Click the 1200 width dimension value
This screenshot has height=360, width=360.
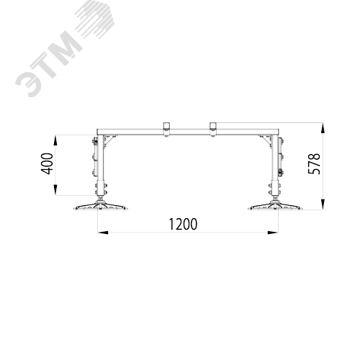coord(183,224)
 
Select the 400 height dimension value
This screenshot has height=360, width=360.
coord(47,163)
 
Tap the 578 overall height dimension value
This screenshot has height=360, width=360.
coord(314,163)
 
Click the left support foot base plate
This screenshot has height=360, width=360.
coord(100,207)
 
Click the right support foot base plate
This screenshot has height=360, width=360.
coord(275,207)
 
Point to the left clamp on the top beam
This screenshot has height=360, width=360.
coord(166,130)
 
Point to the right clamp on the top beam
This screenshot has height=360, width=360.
coord(212,130)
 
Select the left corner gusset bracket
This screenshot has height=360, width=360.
coord(109,141)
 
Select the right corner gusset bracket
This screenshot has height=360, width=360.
coord(266,141)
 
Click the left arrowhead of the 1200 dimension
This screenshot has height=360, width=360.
coord(103,233)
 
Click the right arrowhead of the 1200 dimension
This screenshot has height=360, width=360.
coord(273,233)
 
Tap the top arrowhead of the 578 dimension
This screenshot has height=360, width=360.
coord(323,128)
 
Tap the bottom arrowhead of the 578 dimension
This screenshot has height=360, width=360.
coord(323,204)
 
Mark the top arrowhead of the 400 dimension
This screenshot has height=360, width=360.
coord(55,140)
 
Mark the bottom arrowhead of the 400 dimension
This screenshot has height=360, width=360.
coord(55,190)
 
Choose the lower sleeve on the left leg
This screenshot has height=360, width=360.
coord(101,189)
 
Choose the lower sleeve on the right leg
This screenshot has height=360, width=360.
coord(275,189)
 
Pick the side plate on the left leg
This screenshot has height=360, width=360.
coord(95,157)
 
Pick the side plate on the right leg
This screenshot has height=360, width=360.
coord(280,157)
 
